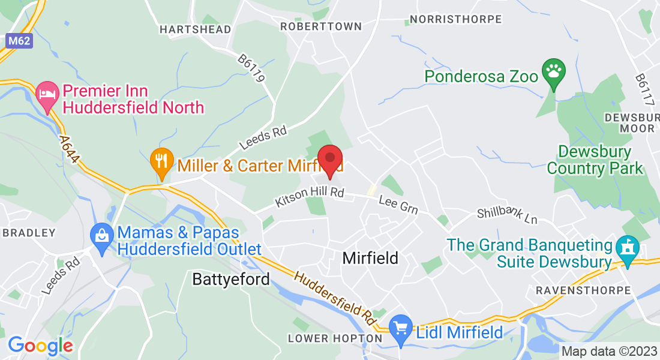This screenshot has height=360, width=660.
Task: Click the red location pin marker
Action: point(329,159)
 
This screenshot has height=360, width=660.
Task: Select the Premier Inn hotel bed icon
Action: point(47,95)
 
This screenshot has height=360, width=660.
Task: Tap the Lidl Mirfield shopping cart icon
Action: point(400,328)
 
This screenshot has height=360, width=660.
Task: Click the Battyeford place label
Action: point(231,279)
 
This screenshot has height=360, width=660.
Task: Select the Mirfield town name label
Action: point(370,258)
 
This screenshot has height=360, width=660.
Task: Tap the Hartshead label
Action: point(187,29)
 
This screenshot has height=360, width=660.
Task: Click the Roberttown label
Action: point(321,26)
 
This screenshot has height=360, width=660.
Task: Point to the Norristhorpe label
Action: point(455,19)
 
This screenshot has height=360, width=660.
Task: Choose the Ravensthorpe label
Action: point(582,290)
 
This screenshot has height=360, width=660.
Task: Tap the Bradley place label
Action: point(28,232)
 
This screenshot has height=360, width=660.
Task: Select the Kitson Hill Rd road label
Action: point(310,196)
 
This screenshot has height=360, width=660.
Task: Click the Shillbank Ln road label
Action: point(507,215)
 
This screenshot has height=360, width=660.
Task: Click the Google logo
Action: point(40,346)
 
